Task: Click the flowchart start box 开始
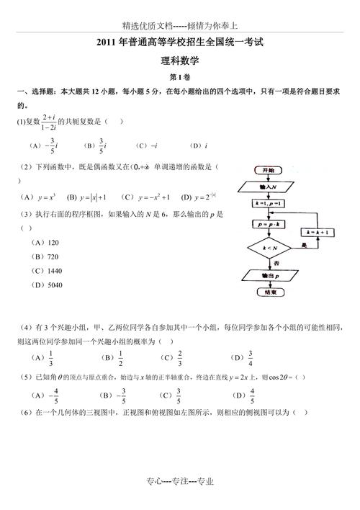268,170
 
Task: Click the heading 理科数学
180,62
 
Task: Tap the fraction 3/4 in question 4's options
251,357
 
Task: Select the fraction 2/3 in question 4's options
179,357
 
